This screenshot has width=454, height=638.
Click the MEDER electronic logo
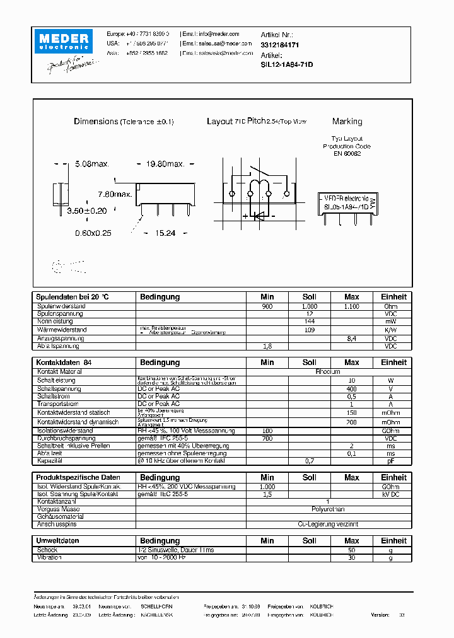point(64,42)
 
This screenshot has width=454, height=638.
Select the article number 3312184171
point(279,45)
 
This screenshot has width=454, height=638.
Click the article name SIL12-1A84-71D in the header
point(287,64)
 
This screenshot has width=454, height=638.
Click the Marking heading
point(347,121)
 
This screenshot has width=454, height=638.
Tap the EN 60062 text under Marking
point(347,154)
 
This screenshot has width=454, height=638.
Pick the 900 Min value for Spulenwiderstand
point(267,306)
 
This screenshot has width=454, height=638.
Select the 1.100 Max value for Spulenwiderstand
point(352,306)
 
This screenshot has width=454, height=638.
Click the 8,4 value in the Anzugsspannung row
point(352,339)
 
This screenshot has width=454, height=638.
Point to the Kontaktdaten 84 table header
point(64,362)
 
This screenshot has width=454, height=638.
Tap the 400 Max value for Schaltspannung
point(352,389)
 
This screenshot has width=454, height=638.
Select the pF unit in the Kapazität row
point(391,461)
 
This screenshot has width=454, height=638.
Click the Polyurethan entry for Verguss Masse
point(328,509)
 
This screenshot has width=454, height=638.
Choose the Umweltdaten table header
point(57,540)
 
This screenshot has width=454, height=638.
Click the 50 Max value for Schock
point(352,550)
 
